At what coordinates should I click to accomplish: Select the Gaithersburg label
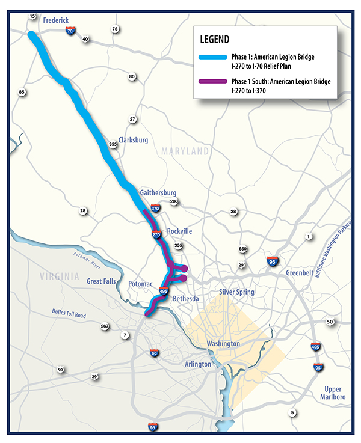tap(158, 192)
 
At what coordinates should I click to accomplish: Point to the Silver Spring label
tap(236, 292)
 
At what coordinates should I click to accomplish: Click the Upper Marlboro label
tap(332, 394)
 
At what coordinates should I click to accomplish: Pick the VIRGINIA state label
tap(58, 277)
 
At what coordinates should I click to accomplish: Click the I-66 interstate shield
tap(155, 353)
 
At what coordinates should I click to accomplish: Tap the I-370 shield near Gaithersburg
tap(155, 209)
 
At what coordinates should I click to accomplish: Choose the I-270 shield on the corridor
tap(156, 234)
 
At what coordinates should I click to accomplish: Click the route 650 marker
tap(243, 249)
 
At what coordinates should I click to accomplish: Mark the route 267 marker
tap(105, 327)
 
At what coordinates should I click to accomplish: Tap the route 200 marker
tap(174, 202)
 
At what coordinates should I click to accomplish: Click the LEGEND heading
tap(214, 41)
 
